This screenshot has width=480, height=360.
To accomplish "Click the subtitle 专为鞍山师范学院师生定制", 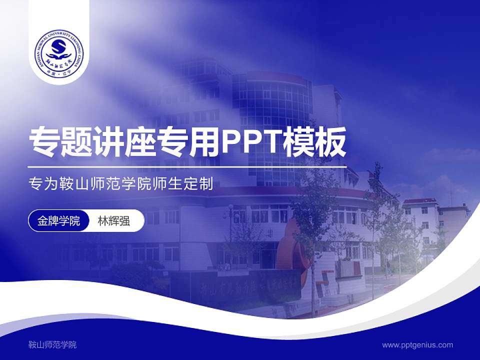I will click(x=121, y=184).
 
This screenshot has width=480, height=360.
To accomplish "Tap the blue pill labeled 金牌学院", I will click(x=58, y=221).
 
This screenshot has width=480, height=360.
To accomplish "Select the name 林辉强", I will click(x=114, y=221).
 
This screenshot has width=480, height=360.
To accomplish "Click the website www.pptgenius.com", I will click(x=417, y=345).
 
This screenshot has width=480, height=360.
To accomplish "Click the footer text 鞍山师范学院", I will click(x=52, y=345).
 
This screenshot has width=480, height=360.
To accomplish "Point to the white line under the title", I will click(x=187, y=166).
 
